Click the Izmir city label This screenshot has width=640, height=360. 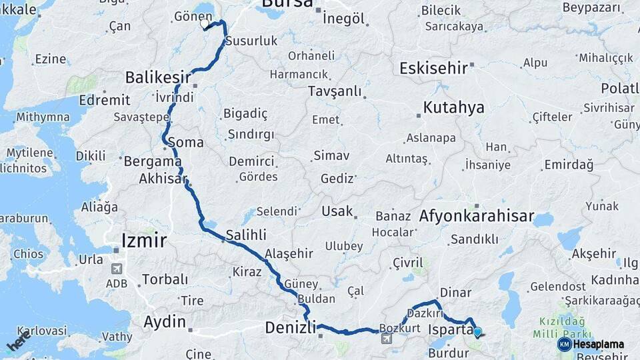tap(143, 240)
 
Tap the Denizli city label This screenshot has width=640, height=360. tap(290, 327)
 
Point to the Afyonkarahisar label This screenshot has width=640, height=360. tap(477, 216)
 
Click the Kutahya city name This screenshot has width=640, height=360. tap(454, 108)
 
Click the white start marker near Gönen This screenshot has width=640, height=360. tap(205, 24)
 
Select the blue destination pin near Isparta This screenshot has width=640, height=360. tap(477, 331)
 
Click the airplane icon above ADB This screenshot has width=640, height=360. tap(117, 269)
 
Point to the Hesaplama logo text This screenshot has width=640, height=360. tap(598, 345)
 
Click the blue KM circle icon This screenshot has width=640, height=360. tap(564, 345)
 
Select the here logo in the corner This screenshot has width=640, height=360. tap(18, 343)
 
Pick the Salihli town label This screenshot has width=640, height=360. tap(246, 235)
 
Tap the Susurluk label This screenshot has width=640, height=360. tap(251, 41)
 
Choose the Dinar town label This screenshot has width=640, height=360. tap(455, 293)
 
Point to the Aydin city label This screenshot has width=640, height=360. tap(165, 322)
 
